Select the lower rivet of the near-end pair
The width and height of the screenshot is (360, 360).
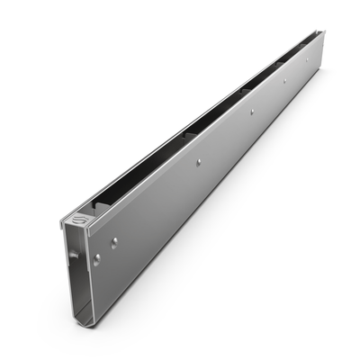tap(97, 258)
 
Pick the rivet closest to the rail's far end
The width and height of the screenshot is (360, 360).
tap(307, 60)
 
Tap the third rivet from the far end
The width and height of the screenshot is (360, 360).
tap(251, 112)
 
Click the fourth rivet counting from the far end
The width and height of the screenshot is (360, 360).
tap(198, 162)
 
